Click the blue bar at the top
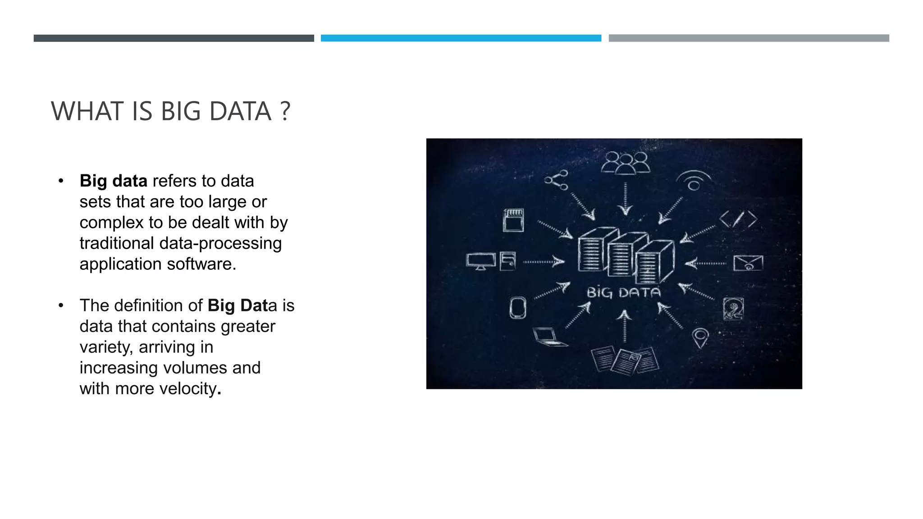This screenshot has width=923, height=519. (461, 38)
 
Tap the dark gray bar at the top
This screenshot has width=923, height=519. (174, 38)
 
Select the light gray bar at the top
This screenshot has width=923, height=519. (749, 38)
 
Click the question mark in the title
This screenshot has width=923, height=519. (285, 112)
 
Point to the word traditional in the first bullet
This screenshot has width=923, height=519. (117, 243)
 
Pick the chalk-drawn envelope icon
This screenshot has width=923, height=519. (748, 263)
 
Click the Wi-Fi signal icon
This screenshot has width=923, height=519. (694, 181)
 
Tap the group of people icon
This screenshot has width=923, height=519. (625, 163)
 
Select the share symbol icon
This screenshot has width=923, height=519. (557, 180)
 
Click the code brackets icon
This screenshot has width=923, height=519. (738, 219)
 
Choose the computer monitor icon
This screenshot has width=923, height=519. (481, 261)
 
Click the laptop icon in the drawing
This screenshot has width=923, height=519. (548, 337)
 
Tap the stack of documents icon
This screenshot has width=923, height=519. (625, 360)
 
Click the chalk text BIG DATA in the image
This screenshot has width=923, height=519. (623, 293)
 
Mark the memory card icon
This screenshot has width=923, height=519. (513, 220)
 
